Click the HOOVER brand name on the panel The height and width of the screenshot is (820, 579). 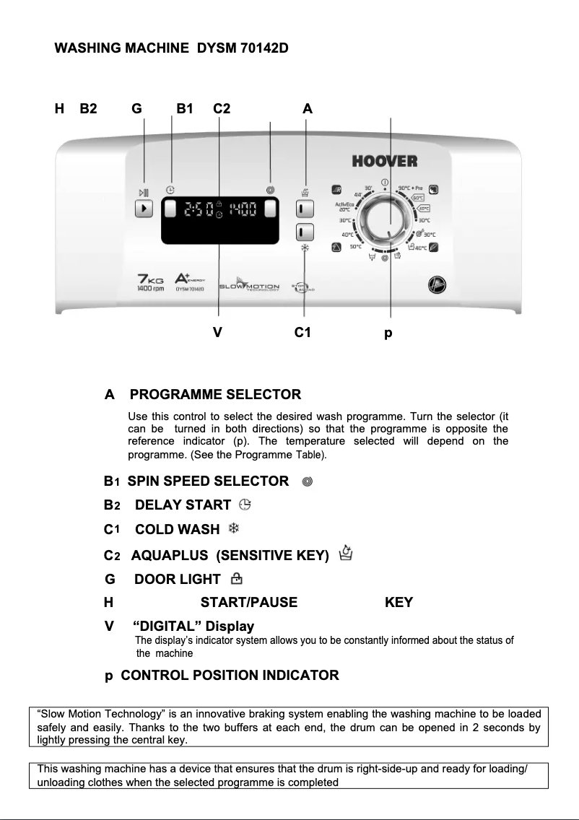tap(384, 161)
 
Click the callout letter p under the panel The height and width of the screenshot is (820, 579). tap(388, 334)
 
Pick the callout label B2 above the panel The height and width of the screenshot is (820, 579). tap(89, 109)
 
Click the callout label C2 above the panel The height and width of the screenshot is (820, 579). tap(222, 109)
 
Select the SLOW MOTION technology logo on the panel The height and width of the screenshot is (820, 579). tap(249, 287)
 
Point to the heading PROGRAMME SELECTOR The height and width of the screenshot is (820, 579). tap(215, 395)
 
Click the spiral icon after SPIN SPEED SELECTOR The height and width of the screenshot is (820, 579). tap(308, 481)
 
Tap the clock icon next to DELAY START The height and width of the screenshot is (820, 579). tap(244, 505)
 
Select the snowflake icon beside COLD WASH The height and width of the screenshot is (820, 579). tap(234, 528)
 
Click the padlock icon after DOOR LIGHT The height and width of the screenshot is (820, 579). tap(235, 578)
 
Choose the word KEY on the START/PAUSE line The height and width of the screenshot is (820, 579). tap(399, 602)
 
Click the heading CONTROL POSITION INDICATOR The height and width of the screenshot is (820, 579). tap(229, 676)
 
